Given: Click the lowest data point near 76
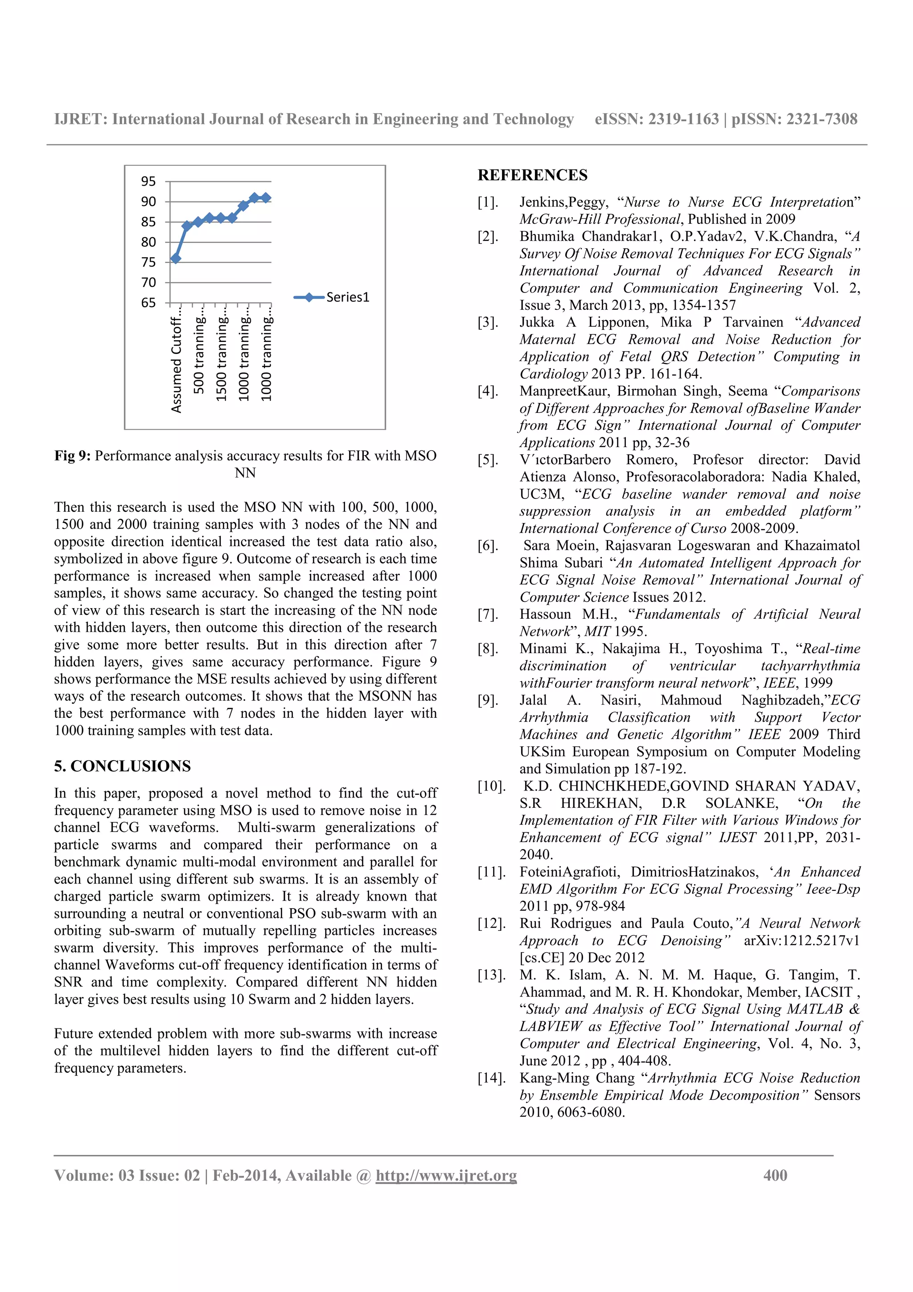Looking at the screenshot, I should coord(176,258).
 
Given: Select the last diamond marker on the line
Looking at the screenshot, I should coord(266,198).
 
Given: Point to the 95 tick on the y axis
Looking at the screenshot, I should coord(148,181).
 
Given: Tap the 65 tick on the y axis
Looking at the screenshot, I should coord(148,303).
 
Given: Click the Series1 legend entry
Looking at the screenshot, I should coord(332,297).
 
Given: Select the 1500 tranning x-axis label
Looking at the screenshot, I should coord(222,358).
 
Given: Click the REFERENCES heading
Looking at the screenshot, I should coord(532,175).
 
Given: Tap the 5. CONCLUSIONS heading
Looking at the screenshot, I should coord(123,766).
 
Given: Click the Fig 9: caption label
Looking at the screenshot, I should coord(73,456).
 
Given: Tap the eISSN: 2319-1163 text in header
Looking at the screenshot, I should coord(657,119).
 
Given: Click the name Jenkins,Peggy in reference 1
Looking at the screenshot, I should coord(563,202).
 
